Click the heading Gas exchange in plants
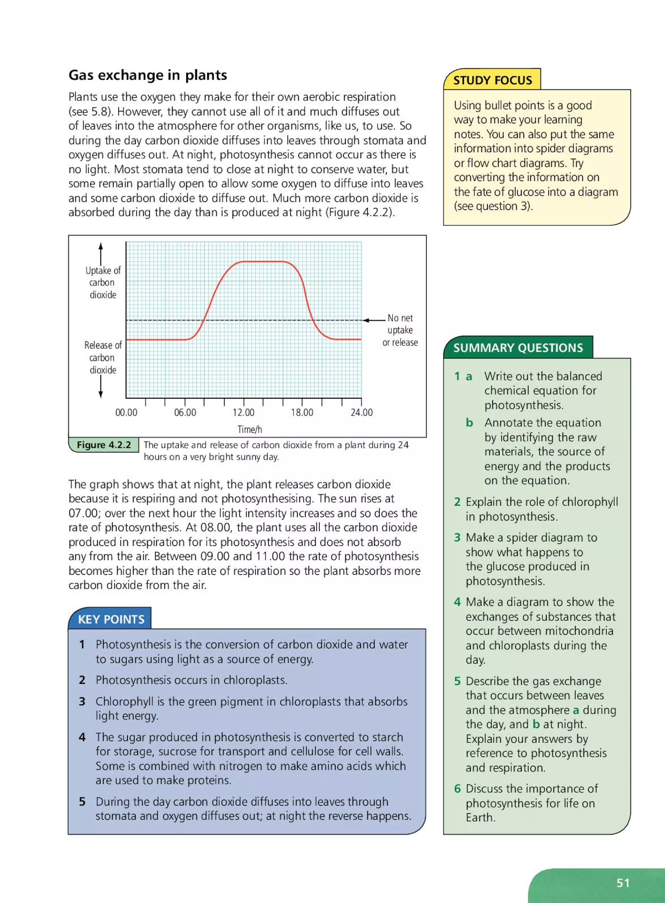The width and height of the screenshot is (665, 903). pyautogui.click(x=147, y=75)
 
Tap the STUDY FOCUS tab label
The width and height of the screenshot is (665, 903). pyautogui.click(x=492, y=80)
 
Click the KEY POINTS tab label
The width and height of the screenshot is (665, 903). pyautogui.click(x=111, y=619)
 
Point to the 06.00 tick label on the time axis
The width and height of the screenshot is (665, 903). pyautogui.click(x=185, y=413)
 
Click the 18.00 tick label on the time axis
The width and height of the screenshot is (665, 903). pyautogui.click(x=302, y=413)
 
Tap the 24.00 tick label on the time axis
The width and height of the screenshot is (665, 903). pyautogui.click(x=361, y=413)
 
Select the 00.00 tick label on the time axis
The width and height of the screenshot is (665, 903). pyautogui.click(x=126, y=413)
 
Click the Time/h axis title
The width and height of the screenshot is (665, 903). pyautogui.click(x=250, y=429)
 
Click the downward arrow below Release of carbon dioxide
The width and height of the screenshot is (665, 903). pyautogui.click(x=101, y=387)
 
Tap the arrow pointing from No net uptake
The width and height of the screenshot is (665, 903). pyautogui.click(x=373, y=320)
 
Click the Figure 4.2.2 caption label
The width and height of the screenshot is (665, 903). pyautogui.click(x=104, y=445)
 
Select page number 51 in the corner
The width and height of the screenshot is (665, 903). pyautogui.click(x=623, y=883)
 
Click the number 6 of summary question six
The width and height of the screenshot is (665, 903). pyautogui.click(x=457, y=788)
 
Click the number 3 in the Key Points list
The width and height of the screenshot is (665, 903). pyautogui.click(x=82, y=701)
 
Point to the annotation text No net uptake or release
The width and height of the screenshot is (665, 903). pyautogui.click(x=400, y=330)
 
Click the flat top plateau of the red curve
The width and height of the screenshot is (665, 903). pyautogui.click(x=264, y=262)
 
